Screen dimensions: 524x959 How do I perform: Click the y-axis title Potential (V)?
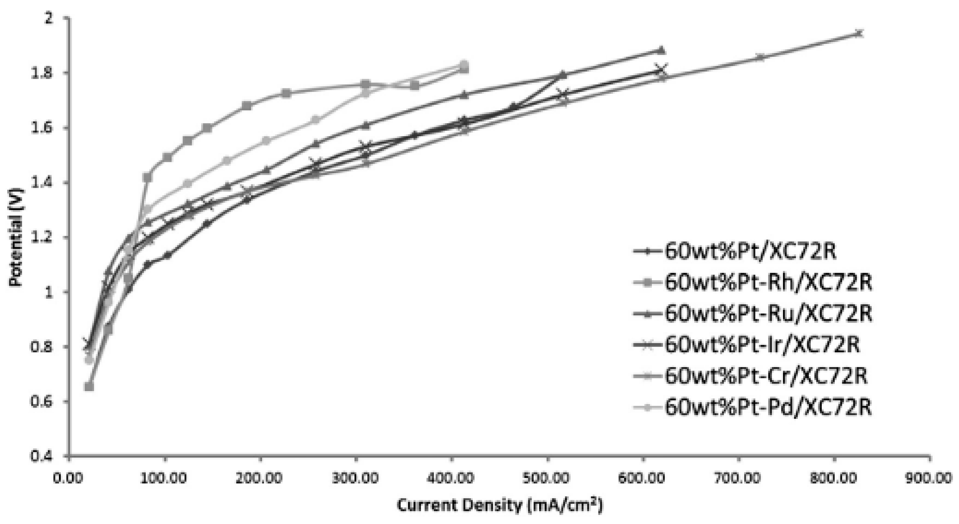click(16, 237)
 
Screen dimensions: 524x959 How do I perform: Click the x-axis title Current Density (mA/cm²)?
click(499, 506)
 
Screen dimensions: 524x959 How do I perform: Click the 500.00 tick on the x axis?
click(547, 477)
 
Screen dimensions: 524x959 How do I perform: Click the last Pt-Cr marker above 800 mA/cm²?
click(859, 33)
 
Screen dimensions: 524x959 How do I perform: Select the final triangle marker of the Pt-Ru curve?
click(661, 50)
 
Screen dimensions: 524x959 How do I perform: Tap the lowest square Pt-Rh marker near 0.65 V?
click(89, 386)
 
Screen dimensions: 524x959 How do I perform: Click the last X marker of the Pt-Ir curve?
click(662, 69)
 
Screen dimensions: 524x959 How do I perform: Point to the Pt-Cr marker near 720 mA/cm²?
click(761, 57)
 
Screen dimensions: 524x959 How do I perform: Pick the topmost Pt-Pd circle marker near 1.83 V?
click(463, 64)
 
